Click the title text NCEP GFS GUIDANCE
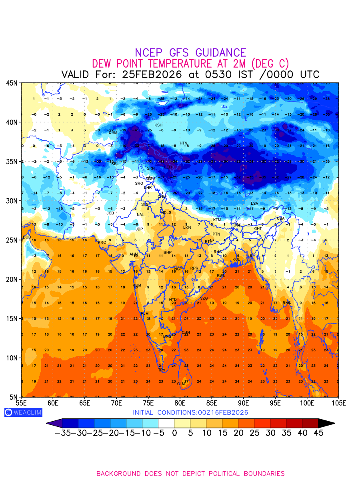point(190,53)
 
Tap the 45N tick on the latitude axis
point(11,83)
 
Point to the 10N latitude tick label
point(11,358)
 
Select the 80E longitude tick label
point(180,402)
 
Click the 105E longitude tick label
point(338,402)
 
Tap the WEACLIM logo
point(23,412)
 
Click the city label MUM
point(137,286)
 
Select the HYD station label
point(173,300)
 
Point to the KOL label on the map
point(236,260)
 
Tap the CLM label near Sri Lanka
point(181,384)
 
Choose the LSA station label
point(254,204)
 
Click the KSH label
point(158,125)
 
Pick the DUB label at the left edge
point(27,237)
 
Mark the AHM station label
point(134,254)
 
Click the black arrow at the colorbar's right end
point(326,423)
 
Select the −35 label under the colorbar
point(62,433)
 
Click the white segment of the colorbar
point(166,423)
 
